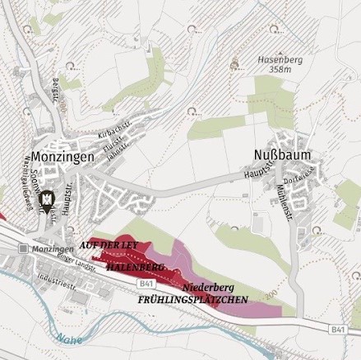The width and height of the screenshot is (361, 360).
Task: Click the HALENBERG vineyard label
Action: [x=135, y=266]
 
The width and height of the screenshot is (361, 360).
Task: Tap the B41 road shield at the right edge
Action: [x=339, y=329]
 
